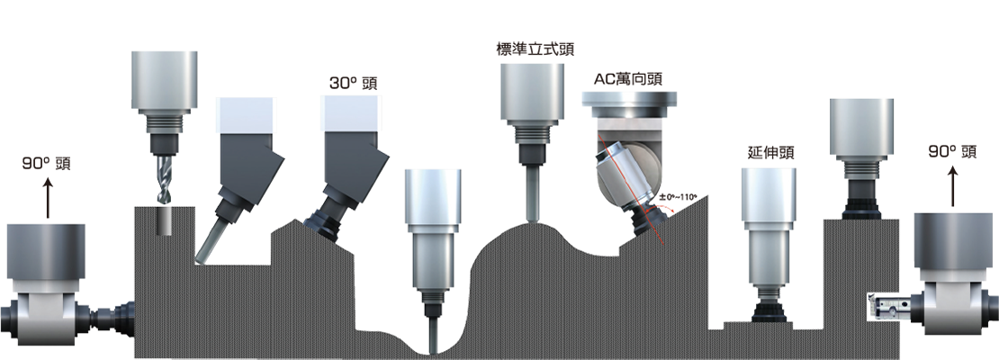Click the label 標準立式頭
(530, 49)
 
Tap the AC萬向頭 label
(627, 79)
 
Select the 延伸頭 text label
(771, 153)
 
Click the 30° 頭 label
(353, 84)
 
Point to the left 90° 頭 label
(46, 164)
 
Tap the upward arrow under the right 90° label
(953, 186)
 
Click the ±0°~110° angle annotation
(678, 197)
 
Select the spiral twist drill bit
(163, 178)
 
